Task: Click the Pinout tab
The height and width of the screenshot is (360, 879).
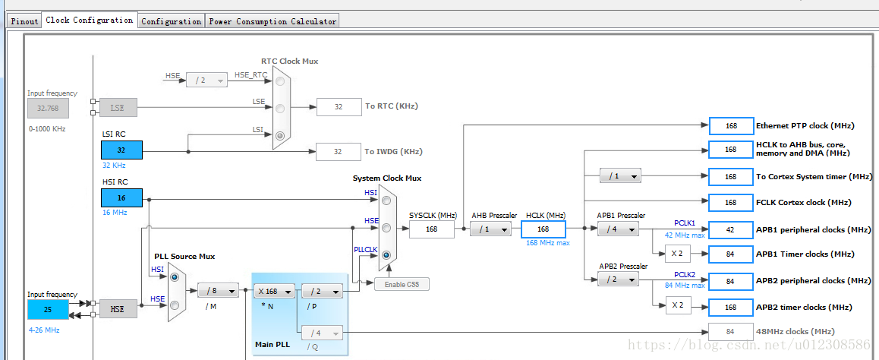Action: tap(24, 21)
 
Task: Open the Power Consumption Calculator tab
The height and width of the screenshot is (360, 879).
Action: tap(272, 21)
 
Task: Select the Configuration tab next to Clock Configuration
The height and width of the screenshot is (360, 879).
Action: tap(171, 21)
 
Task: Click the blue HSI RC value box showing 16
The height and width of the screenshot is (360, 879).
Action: tap(121, 197)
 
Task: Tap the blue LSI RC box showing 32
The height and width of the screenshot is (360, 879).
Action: tap(121, 150)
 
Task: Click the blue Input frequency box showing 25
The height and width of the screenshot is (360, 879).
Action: tap(48, 309)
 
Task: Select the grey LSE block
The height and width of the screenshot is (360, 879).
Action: tap(117, 109)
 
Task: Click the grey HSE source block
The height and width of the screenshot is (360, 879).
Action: tap(117, 309)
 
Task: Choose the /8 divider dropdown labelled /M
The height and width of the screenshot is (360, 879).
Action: tap(218, 290)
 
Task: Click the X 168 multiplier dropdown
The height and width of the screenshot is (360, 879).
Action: tap(274, 290)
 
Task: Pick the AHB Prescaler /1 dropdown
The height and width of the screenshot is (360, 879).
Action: tap(490, 229)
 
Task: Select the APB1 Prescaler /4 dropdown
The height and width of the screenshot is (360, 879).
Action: tap(618, 229)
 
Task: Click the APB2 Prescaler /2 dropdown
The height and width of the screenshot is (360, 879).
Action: tap(618, 279)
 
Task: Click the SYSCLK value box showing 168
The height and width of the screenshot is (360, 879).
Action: tap(431, 229)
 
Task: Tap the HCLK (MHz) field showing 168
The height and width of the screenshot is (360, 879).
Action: tap(543, 229)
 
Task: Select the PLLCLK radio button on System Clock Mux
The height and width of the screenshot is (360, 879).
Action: tap(386, 255)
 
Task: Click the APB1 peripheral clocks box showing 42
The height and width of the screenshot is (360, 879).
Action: tap(729, 229)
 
